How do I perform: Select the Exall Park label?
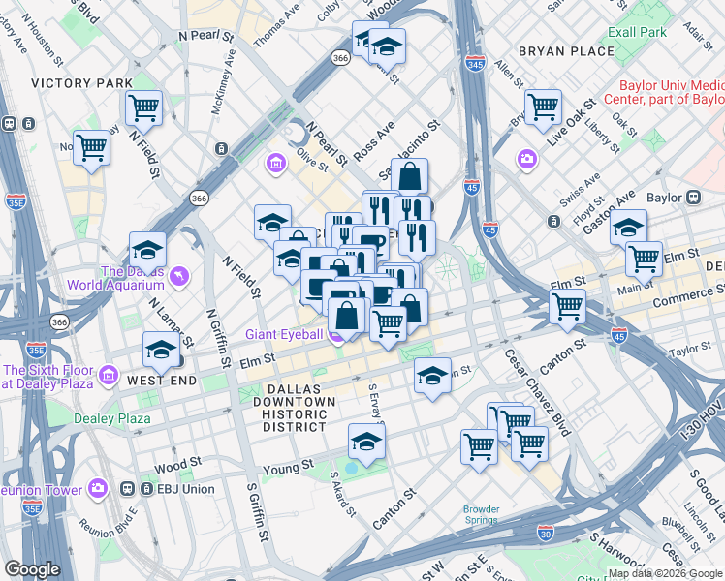[638, 32]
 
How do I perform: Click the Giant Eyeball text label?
[284, 335]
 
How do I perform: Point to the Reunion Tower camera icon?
[98, 488]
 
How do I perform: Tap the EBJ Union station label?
[185, 489]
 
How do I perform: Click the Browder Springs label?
[481, 514]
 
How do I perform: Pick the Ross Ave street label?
[374, 141]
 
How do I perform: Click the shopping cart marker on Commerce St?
[567, 307]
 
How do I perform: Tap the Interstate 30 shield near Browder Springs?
[546, 533]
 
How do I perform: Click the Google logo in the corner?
[32, 569]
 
